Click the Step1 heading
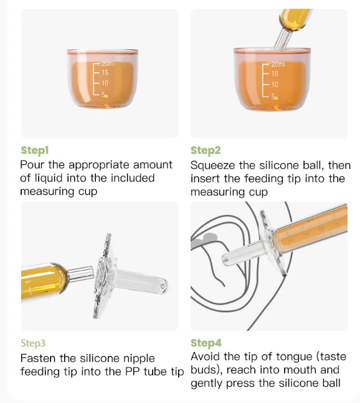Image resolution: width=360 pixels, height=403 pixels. pos(35,151)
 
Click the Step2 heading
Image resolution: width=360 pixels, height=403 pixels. pos(206,151)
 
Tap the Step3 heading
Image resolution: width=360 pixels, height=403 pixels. pos(33,343)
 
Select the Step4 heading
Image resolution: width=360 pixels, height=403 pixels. pos(206,343)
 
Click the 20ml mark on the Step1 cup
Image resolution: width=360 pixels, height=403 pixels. pos(108,64)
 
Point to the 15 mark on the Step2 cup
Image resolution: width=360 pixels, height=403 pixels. pos(275,73)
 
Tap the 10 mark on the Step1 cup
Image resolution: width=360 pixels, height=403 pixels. pos(105,83)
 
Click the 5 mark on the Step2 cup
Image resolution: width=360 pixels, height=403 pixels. pos(273,97)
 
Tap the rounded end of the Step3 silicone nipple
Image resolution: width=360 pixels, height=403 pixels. pos(163,285)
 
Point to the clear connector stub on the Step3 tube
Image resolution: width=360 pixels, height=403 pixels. pos(81,273)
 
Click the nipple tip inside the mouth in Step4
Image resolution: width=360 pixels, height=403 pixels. pos(225,260)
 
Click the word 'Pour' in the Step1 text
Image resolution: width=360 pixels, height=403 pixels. pos(32,164)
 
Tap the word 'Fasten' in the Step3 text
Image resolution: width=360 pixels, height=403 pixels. pos(38,358)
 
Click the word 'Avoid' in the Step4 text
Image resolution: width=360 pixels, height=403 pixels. pos(206,357)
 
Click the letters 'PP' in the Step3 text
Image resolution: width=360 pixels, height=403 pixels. pos(133,372)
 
